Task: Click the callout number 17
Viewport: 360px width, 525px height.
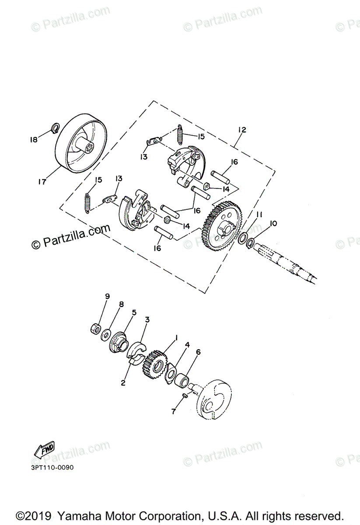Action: coord(42,182)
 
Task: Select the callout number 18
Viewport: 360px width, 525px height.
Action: coord(34,140)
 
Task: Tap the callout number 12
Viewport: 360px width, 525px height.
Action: coord(242,130)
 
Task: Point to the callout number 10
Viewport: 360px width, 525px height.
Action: coord(273,224)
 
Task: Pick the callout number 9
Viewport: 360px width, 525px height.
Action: coord(107,296)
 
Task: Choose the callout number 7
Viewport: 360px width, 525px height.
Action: coord(173,412)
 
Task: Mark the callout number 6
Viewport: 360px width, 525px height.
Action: coord(198,352)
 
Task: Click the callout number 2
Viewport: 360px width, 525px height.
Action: coord(123,383)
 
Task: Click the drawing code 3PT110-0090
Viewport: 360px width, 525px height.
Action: coord(52,467)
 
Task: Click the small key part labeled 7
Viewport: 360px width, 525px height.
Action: coord(185,395)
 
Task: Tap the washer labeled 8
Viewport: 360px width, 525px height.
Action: coord(105,336)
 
